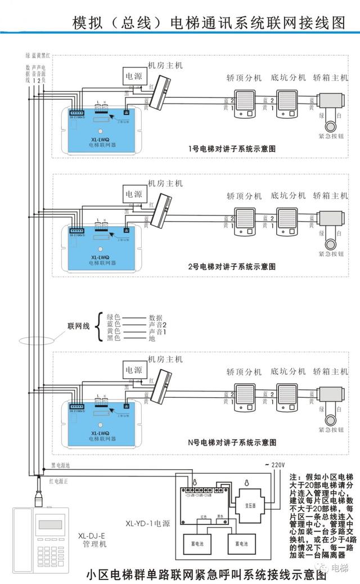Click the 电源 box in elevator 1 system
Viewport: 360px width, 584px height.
(134, 75)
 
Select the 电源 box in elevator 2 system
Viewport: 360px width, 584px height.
(134, 194)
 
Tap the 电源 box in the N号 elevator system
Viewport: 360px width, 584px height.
(134, 370)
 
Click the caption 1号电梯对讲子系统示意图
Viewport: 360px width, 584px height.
(232, 150)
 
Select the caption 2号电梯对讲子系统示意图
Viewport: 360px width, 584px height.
(232, 268)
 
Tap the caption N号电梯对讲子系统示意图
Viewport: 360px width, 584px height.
(232, 443)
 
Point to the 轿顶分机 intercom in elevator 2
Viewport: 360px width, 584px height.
(246, 221)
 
